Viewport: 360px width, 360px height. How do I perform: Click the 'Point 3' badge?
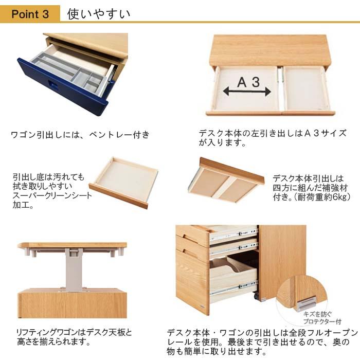point(30,14)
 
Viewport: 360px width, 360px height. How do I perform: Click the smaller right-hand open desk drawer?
point(307,88)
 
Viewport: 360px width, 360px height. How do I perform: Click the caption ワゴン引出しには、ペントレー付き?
point(80,135)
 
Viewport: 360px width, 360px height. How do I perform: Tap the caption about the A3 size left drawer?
point(273,137)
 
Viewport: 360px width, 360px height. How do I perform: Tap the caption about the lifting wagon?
point(75,337)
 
